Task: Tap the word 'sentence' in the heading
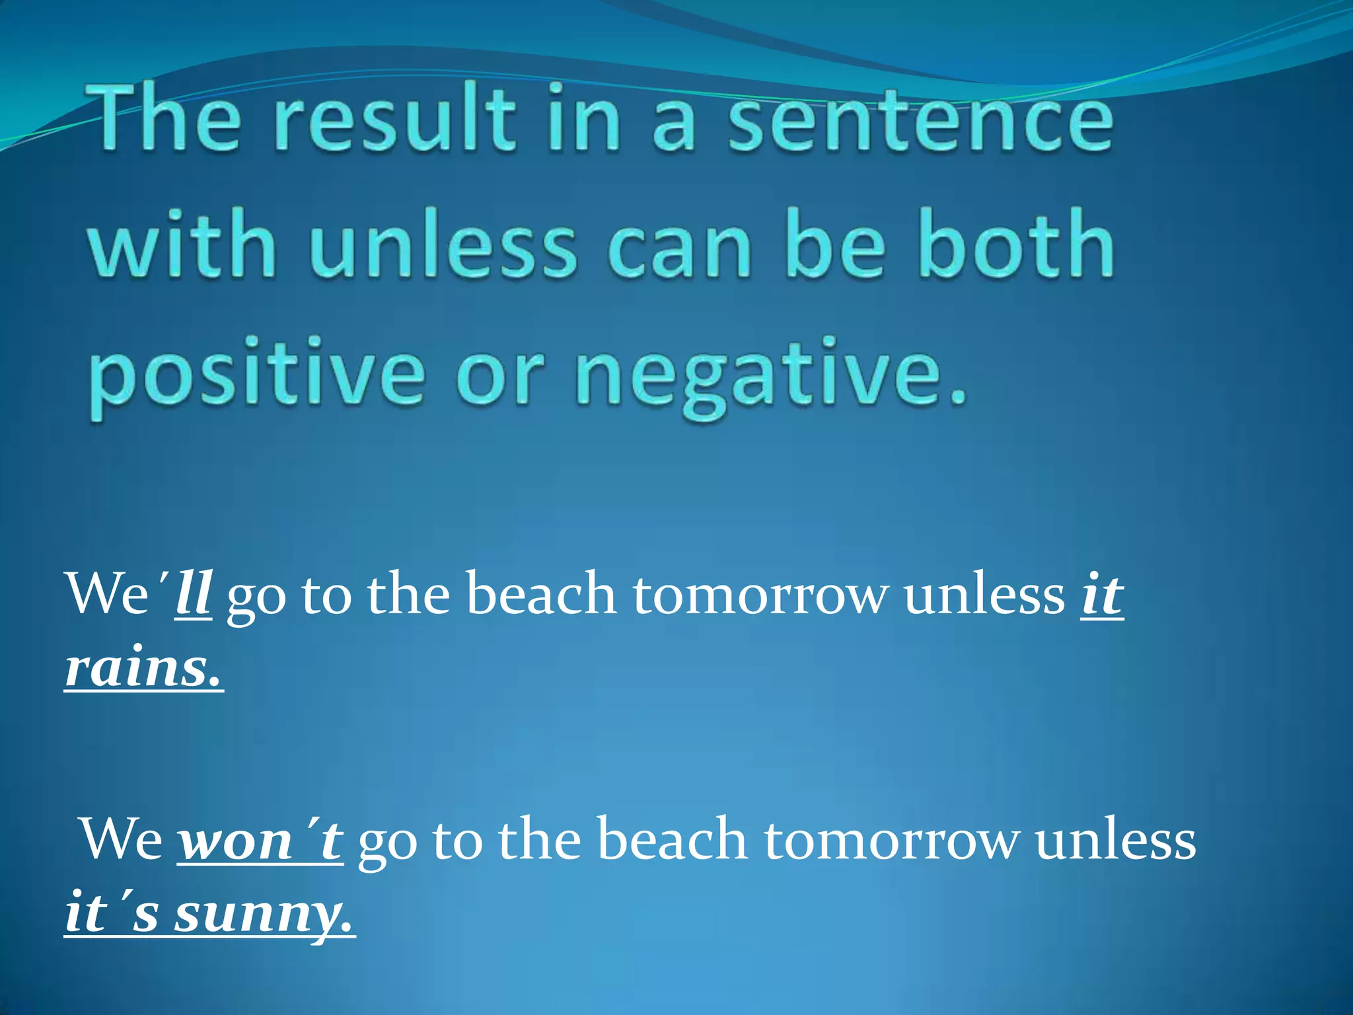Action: (x=921, y=119)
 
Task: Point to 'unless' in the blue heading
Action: (x=443, y=244)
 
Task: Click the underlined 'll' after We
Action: (x=193, y=593)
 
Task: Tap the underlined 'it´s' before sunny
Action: (x=111, y=913)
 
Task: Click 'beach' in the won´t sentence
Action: (x=673, y=839)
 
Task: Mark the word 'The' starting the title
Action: (x=165, y=119)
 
